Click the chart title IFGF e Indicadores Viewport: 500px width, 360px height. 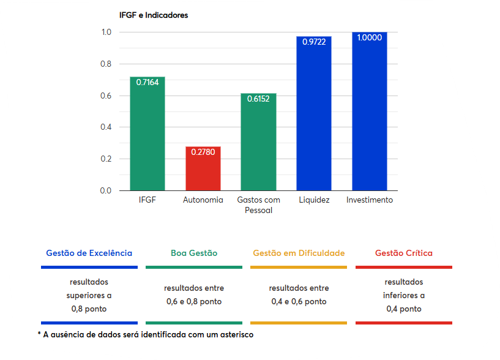pyautogui.click(x=154, y=15)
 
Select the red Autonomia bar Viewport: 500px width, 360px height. pyautogui.click(x=203, y=171)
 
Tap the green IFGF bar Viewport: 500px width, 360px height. pyautogui.click(x=147, y=135)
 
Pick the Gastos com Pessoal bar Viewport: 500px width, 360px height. pyautogui.click(x=258, y=144)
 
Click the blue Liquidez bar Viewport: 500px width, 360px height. pyautogui.click(x=314, y=116)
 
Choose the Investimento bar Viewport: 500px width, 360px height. pyautogui.click(x=370, y=113)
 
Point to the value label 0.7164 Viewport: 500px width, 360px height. pyautogui.click(x=147, y=82)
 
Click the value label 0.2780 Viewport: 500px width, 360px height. pyautogui.click(x=203, y=152)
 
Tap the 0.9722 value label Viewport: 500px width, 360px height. pyautogui.click(x=314, y=42)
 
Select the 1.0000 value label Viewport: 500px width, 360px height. pyautogui.click(x=370, y=37)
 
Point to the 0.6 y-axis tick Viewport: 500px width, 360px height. pyautogui.click(x=106, y=96)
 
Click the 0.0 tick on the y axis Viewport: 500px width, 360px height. pyautogui.click(x=106, y=190)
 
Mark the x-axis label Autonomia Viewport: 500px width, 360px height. pyautogui.click(x=203, y=200)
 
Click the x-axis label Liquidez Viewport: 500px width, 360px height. pyautogui.click(x=314, y=200)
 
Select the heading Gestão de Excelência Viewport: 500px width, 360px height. pyautogui.click(x=89, y=253)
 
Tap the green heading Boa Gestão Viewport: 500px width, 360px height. pyautogui.click(x=194, y=253)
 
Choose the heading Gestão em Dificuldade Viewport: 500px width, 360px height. pyautogui.click(x=299, y=253)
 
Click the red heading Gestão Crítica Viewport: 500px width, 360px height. pyautogui.click(x=404, y=253)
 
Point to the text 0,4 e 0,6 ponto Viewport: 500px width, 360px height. pyautogui.click(x=299, y=301)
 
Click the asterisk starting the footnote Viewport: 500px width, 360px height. pyautogui.click(x=39, y=335)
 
